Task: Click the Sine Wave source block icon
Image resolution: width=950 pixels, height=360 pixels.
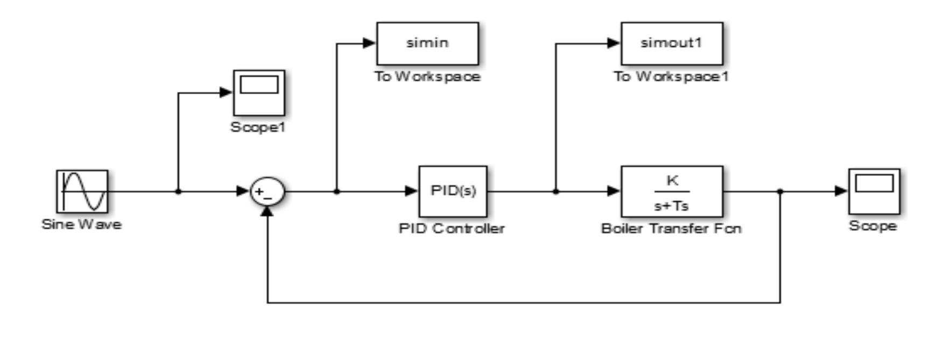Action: [x=82, y=192]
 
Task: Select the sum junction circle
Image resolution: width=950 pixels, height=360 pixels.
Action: [x=267, y=192]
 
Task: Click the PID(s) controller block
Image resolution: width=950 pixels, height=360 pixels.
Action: [x=453, y=192]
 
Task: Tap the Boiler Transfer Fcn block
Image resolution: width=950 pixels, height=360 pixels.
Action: [x=672, y=192]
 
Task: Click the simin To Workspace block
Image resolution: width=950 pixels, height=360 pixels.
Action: [x=427, y=43]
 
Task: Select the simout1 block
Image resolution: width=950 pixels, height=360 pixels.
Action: [x=672, y=43]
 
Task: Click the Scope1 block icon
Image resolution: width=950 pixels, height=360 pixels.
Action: [x=259, y=93]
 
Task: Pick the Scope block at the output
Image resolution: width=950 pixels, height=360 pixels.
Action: [x=874, y=191]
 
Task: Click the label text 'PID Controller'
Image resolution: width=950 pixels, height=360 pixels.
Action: [x=452, y=229]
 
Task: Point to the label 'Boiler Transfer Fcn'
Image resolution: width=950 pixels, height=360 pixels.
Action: [x=671, y=229]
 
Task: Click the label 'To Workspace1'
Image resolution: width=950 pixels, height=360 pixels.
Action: [x=671, y=77]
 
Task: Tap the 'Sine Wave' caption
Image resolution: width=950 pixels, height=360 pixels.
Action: [x=82, y=224]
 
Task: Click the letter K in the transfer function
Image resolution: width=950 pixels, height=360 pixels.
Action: [x=672, y=180]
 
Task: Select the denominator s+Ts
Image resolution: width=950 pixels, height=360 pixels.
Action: [x=672, y=206]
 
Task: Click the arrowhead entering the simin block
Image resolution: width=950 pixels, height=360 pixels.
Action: [x=369, y=43]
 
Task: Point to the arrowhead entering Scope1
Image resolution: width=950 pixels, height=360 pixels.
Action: [x=226, y=93]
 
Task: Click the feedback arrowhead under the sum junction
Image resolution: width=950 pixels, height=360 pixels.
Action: [x=267, y=211]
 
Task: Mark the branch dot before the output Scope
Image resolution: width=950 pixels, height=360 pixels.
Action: [x=780, y=191]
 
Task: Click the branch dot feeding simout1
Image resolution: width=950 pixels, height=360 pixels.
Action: [x=555, y=191]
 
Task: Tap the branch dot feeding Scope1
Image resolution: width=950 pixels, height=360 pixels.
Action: [x=178, y=191]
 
